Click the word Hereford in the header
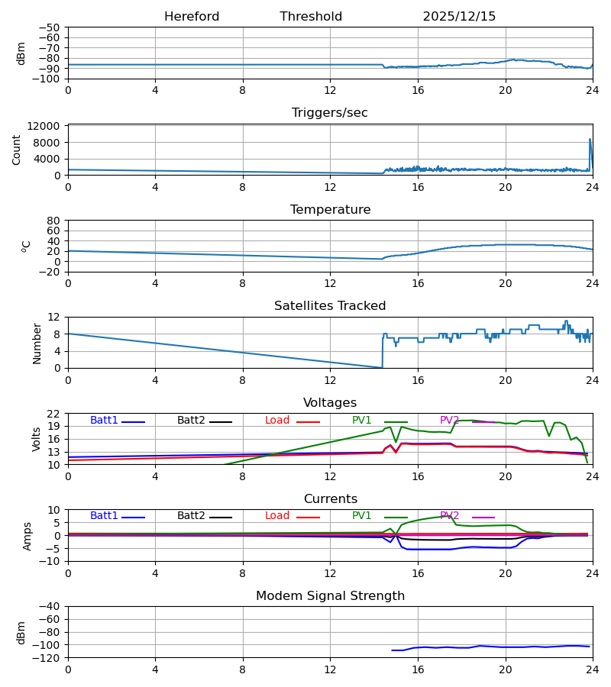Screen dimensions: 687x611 click(192, 17)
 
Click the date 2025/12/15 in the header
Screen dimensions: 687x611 click(459, 17)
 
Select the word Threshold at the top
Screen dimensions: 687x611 click(311, 17)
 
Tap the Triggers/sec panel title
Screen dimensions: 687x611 click(330, 113)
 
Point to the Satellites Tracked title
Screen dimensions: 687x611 click(330, 306)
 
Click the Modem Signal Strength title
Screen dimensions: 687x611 click(330, 596)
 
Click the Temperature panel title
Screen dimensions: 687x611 click(330, 210)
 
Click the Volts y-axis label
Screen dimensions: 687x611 click(37, 439)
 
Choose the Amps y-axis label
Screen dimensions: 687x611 click(27, 536)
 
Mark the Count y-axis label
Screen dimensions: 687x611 click(17, 150)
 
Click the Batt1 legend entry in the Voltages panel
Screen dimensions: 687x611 click(105, 421)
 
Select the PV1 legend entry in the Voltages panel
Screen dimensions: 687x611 click(362, 421)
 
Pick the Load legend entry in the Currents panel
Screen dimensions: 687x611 click(277, 516)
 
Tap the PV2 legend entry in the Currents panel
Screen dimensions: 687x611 click(450, 516)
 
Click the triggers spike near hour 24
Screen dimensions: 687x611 click(590, 140)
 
